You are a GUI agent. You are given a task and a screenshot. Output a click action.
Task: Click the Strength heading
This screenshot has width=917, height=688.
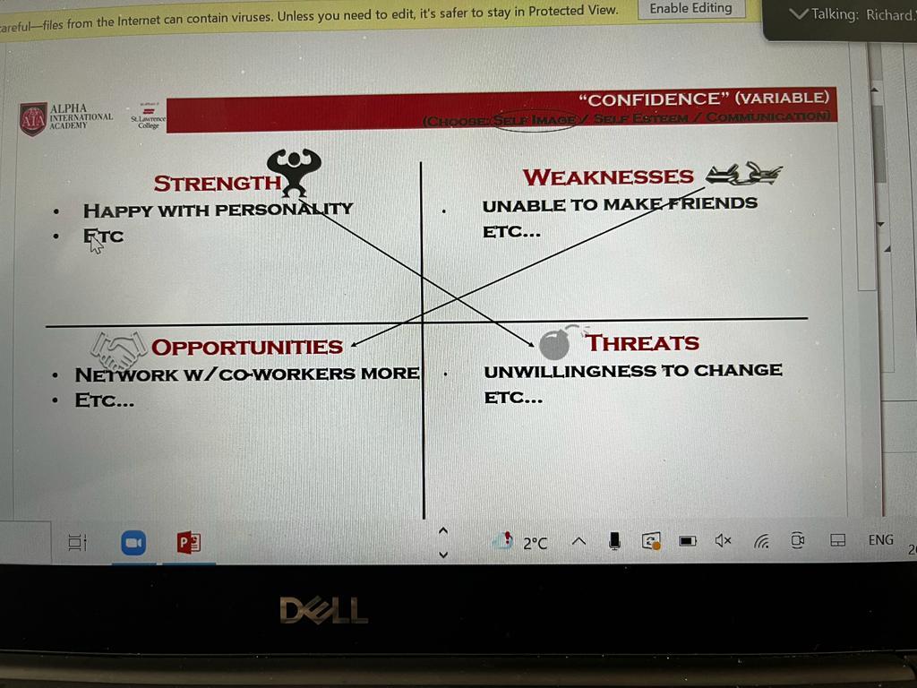click(217, 184)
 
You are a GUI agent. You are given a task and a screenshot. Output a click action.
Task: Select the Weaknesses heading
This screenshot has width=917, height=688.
click(608, 177)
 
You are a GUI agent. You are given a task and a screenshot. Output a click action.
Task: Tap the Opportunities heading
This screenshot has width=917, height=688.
click(247, 347)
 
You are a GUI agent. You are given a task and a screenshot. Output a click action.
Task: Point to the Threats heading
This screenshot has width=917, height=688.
click(642, 342)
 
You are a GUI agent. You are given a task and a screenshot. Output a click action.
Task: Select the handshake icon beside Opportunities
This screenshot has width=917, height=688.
click(118, 349)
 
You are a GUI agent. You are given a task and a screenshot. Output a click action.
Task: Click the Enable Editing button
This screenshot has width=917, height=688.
click(690, 8)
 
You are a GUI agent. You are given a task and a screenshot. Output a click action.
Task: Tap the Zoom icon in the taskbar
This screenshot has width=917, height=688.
click(133, 542)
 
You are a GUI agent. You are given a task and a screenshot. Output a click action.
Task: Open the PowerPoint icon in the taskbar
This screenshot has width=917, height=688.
click(188, 542)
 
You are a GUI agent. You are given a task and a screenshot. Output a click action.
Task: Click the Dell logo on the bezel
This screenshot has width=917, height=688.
click(323, 611)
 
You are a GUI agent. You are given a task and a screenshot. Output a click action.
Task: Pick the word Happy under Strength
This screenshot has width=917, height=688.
click(116, 211)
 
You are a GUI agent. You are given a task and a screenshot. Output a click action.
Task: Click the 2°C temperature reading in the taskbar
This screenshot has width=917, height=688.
click(535, 542)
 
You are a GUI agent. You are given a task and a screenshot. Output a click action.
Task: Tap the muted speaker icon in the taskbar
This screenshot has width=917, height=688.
click(723, 540)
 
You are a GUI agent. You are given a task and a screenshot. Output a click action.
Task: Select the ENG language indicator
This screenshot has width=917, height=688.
click(880, 539)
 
